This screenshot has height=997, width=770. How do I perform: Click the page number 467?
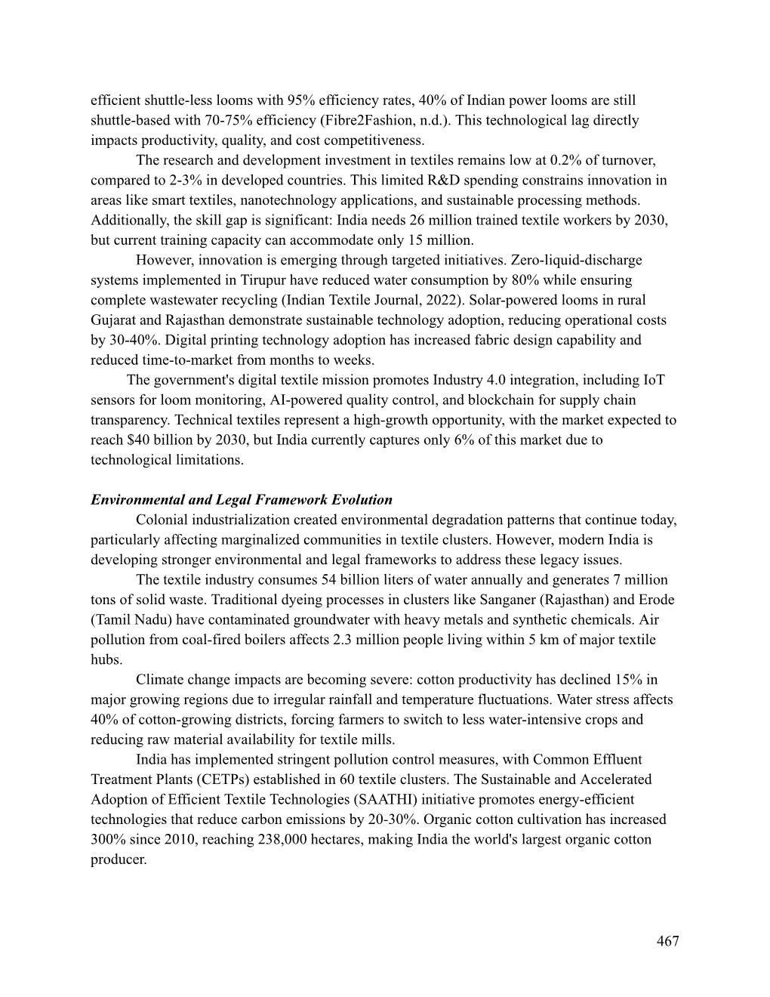[667, 941]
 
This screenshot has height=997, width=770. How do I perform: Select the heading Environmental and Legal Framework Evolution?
[242, 500]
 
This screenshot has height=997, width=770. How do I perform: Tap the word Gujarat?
[115, 320]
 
